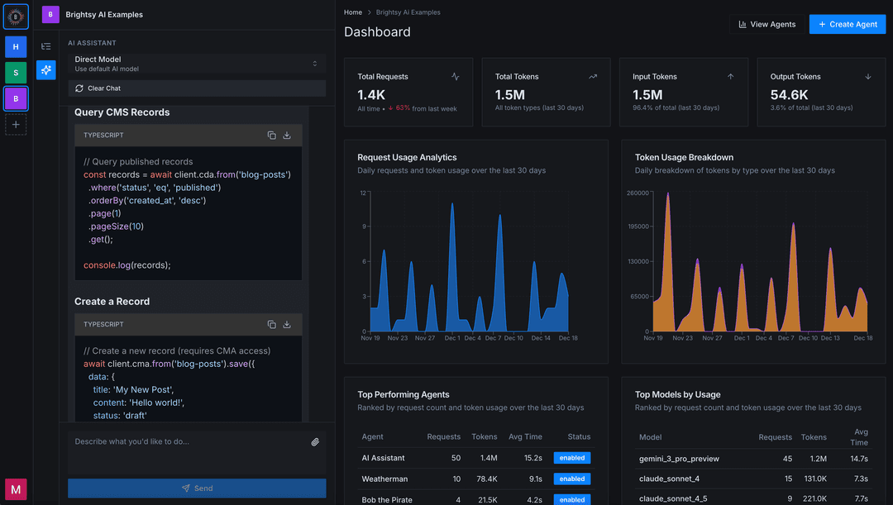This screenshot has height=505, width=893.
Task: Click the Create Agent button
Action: [x=847, y=24]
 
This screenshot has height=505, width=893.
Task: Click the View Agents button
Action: [x=766, y=24]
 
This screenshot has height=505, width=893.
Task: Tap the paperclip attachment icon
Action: [x=315, y=442]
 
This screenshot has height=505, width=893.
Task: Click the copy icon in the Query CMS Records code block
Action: [x=271, y=136]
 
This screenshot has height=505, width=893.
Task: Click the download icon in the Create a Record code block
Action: [x=287, y=325]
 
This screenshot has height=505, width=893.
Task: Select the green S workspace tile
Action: [x=16, y=73]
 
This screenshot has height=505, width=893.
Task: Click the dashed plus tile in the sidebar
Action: [x=16, y=124]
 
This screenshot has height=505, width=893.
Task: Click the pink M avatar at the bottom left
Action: [x=16, y=489]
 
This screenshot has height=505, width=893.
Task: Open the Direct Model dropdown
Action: [x=196, y=64]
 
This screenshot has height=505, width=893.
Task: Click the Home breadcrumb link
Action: [x=353, y=12]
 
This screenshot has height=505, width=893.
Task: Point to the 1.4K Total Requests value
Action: [x=371, y=95]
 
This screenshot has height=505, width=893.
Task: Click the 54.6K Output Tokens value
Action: [x=790, y=95]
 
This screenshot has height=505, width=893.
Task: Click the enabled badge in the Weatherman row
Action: [x=571, y=479]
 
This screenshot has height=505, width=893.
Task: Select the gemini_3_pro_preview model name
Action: [x=679, y=459]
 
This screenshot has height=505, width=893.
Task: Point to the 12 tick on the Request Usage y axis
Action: [x=363, y=193]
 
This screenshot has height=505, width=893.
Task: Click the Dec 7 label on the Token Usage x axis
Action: [x=786, y=338]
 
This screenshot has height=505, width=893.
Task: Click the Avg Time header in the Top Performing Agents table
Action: [x=526, y=436]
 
